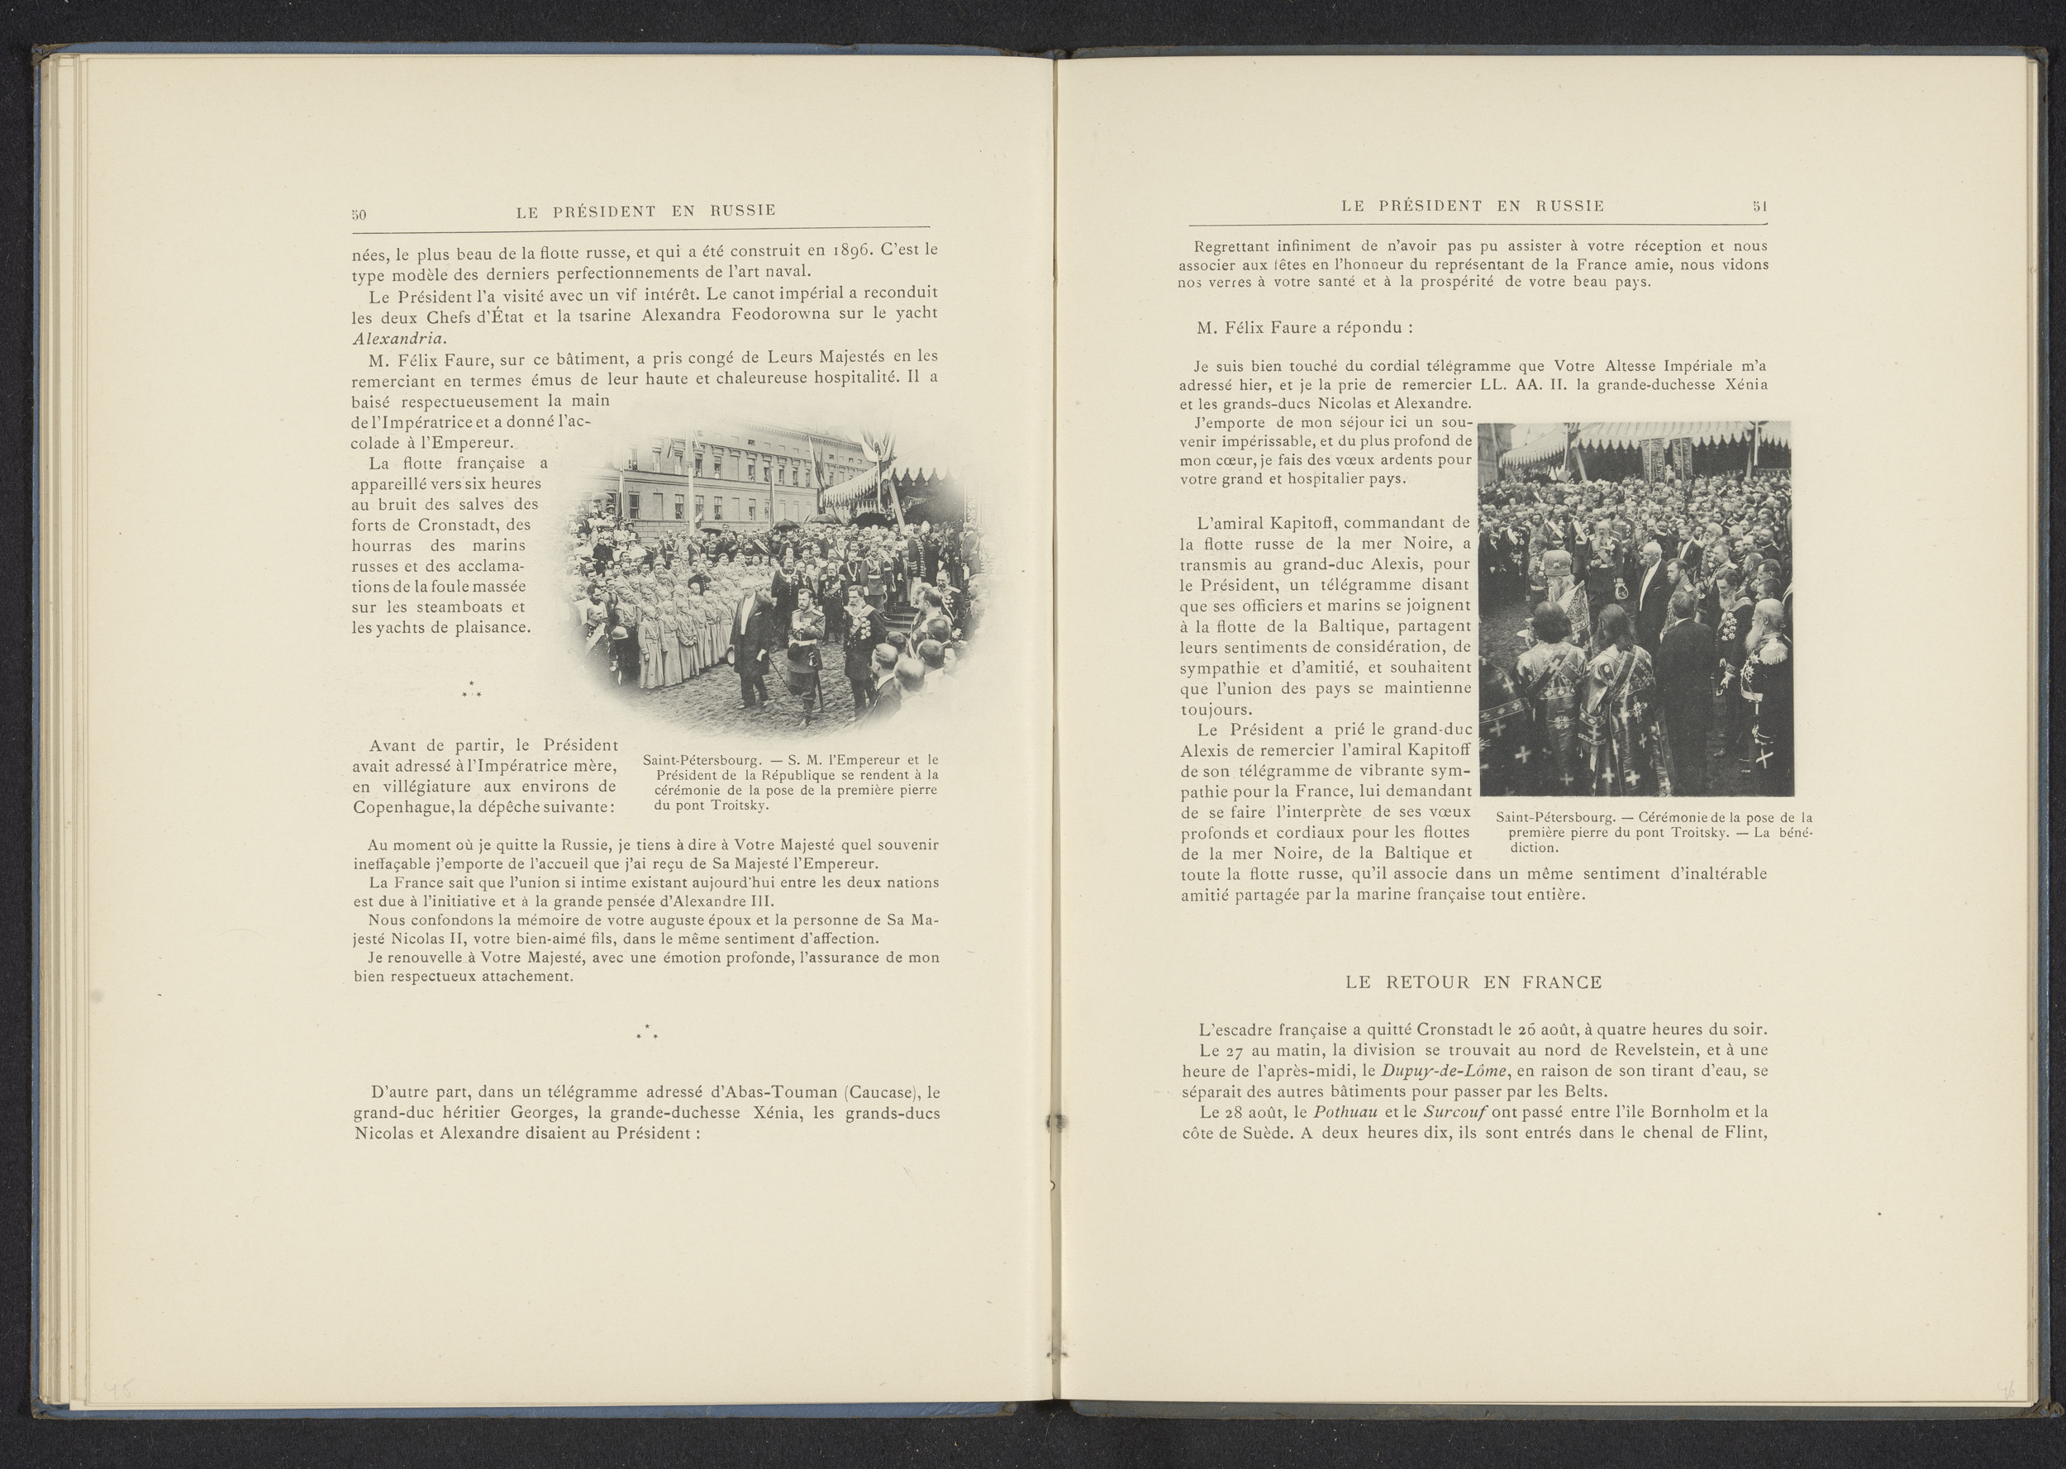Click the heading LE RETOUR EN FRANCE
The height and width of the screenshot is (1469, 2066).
coord(1473,982)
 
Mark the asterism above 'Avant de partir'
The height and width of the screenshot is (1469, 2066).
coord(470,689)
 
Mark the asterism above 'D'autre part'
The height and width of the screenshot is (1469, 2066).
coord(646,1031)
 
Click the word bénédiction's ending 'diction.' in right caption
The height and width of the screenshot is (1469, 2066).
coord(1535,849)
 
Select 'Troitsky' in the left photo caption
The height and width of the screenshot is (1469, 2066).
coord(738,805)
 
